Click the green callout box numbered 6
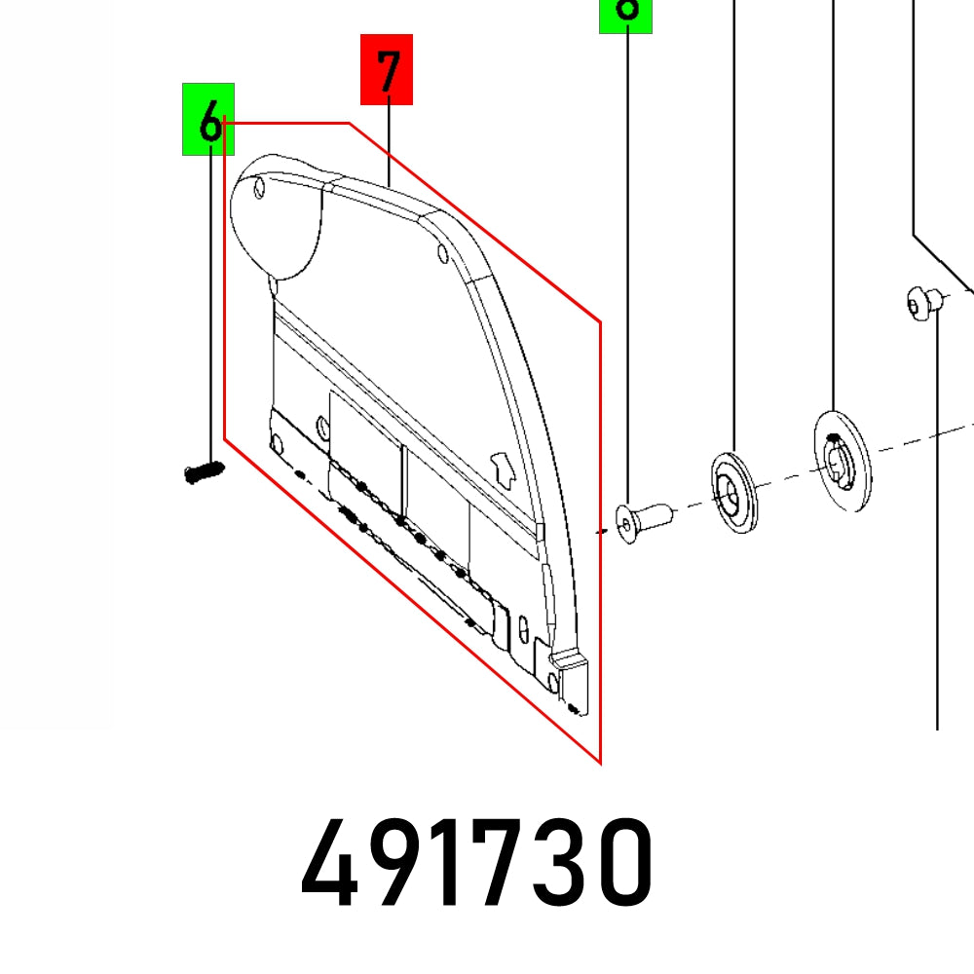(207, 120)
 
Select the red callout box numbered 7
(387, 69)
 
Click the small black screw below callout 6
(203, 472)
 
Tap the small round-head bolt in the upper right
(922, 303)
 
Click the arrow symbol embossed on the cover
(503, 469)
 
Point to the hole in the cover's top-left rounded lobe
(260, 187)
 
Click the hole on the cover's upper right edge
(442, 255)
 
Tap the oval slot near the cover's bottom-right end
(526, 625)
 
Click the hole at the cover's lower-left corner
(276, 445)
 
